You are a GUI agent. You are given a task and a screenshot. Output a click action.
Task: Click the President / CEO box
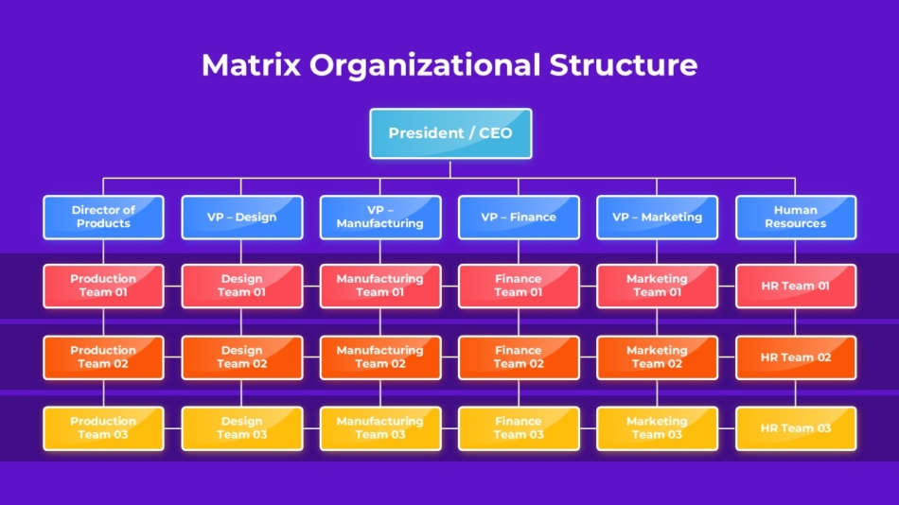450,133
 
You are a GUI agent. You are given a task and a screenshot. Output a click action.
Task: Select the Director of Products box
103,218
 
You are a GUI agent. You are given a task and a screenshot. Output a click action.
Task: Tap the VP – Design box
242,218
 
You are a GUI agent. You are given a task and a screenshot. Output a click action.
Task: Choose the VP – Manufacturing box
380,218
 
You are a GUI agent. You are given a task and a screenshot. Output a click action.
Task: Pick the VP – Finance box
519,218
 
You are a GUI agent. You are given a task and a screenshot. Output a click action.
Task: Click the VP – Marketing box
657,218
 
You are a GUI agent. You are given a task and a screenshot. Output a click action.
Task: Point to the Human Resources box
796,218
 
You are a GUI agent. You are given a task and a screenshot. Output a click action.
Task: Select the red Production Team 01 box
103,286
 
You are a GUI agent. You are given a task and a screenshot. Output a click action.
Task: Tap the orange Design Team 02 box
242,357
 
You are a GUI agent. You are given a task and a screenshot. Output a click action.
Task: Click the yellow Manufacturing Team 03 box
380,428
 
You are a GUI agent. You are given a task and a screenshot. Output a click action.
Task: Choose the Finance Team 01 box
519,286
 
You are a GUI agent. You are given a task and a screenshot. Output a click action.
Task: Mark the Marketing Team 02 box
657,357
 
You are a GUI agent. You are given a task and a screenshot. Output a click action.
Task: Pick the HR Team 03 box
796,428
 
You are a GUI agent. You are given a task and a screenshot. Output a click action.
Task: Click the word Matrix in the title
251,64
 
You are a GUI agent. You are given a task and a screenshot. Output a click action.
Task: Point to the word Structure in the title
624,64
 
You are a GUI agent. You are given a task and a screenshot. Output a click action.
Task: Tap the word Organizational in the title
425,64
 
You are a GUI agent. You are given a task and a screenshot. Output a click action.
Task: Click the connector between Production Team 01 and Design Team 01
172,286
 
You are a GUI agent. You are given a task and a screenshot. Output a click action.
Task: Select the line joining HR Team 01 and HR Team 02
795,322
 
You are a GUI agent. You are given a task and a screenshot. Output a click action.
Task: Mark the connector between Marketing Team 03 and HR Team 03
727,428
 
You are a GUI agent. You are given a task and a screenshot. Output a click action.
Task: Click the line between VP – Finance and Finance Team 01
519,252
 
